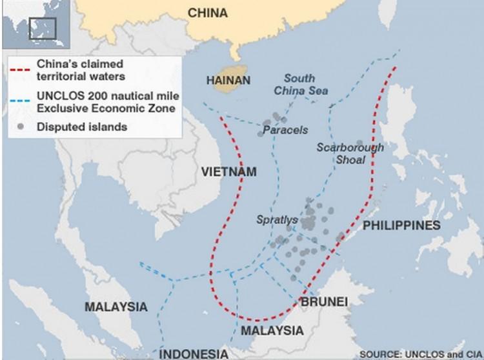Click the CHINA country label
coord(208,13)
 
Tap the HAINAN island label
coord(228,81)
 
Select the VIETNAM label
coord(228,172)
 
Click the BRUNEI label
coord(324,302)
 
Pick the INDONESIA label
coord(194,354)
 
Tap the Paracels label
coord(285,130)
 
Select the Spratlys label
coord(277,220)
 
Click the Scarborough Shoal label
coord(350,154)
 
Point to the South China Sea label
coord(301,85)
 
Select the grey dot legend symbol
coord(21,126)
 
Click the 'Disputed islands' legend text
coord(82,126)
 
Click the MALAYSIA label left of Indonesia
coord(116,306)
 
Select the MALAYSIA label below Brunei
coord(272,330)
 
